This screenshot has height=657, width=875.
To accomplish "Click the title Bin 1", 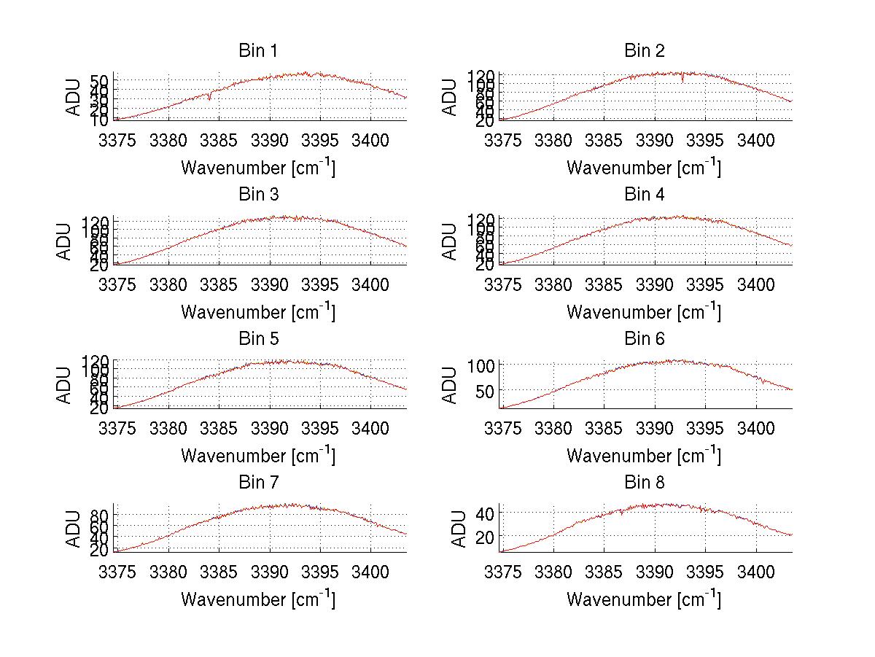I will click(258, 51).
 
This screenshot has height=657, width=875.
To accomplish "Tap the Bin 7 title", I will click(258, 483).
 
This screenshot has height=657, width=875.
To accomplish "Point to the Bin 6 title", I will click(645, 339).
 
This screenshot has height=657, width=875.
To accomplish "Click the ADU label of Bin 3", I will click(64, 241).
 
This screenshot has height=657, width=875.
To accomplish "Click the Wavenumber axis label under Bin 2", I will click(644, 168).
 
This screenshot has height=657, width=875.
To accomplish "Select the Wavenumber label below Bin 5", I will click(258, 456).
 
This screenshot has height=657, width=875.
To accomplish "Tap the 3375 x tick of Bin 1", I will click(117, 140).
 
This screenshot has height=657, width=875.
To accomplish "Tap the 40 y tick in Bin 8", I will click(486, 513).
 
